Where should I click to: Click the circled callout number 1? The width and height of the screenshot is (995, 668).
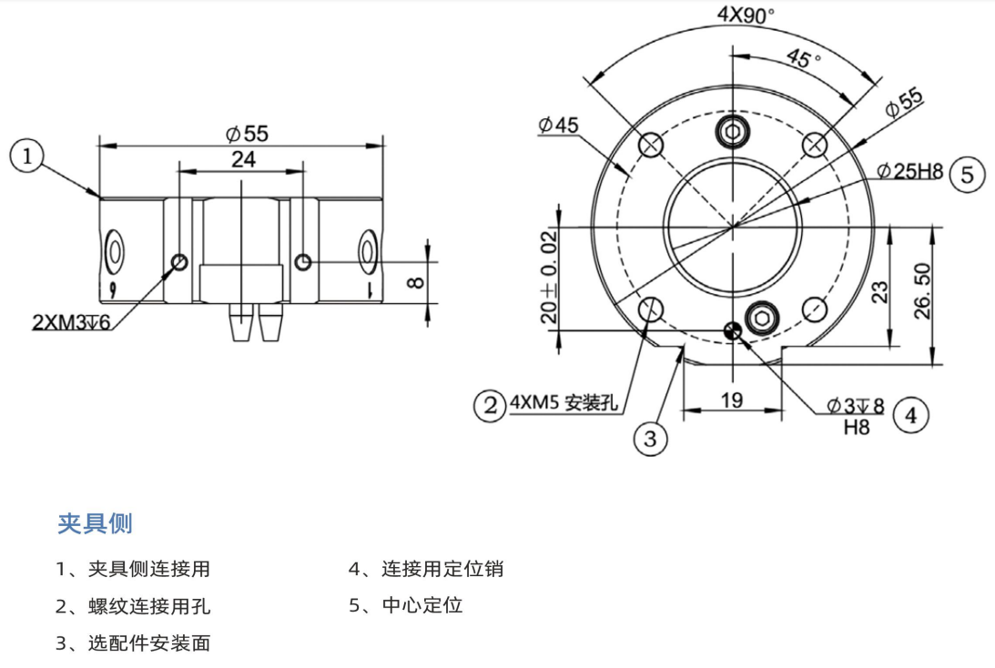tap(27, 157)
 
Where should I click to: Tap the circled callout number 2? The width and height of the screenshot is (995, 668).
tap(491, 404)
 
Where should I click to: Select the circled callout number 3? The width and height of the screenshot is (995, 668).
tap(650, 440)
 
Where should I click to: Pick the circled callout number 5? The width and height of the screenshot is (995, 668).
tap(968, 174)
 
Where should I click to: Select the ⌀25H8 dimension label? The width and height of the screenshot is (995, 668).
tap(909, 171)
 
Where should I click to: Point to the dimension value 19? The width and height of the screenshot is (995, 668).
tap(732, 399)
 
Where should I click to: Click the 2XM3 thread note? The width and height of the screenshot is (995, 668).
tap(72, 321)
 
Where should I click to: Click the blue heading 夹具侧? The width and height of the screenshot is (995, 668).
tap(95, 523)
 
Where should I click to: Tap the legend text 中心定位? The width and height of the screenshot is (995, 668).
tap(422, 605)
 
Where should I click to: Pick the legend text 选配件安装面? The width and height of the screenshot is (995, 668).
tap(149, 643)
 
